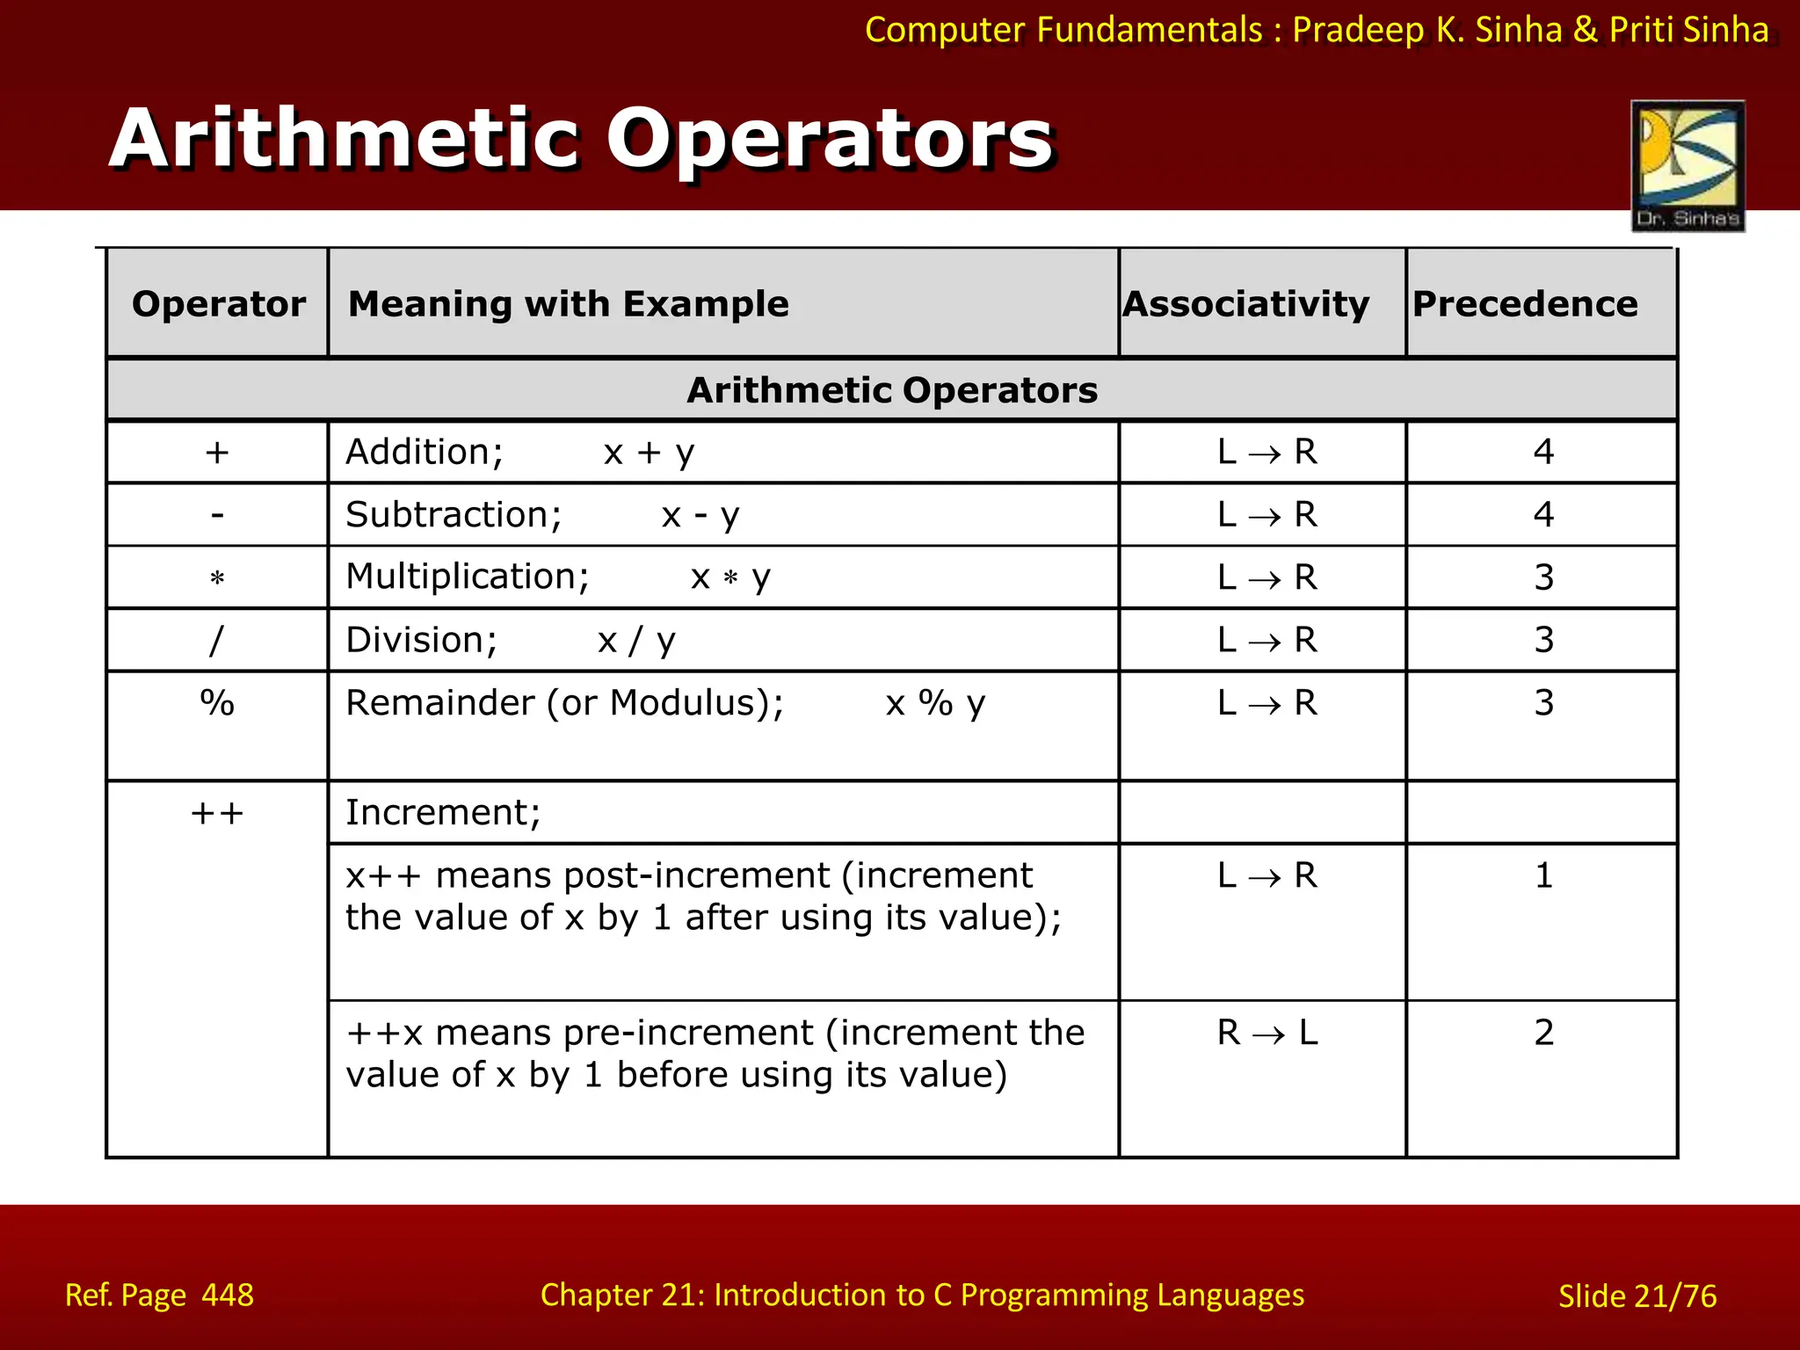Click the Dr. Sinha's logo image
(x=1687, y=165)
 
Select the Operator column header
(x=219, y=304)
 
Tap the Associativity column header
(x=1245, y=304)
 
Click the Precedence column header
(x=1525, y=304)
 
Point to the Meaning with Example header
(x=569, y=304)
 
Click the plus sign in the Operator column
(x=217, y=453)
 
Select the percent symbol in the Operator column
(x=217, y=703)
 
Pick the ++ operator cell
(x=217, y=813)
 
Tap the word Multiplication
(x=467, y=577)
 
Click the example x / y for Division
(x=636, y=641)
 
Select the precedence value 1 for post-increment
(x=1544, y=875)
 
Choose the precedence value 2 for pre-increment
(x=1544, y=1032)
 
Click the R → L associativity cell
(x=1267, y=1033)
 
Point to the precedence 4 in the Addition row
(x=1544, y=453)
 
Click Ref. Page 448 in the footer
(x=159, y=1296)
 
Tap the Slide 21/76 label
(x=1637, y=1296)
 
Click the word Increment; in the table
(x=443, y=813)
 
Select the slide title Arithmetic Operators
(x=581, y=139)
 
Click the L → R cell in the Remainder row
(x=1267, y=703)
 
